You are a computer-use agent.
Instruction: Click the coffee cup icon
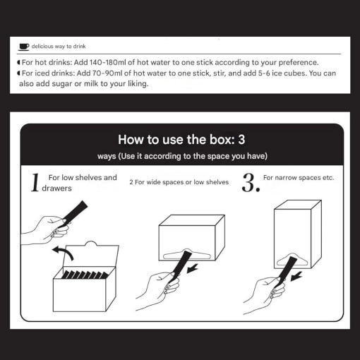pyautogui.click(x=24, y=47)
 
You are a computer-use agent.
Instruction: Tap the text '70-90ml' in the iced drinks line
pyautogui.click(x=107, y=73)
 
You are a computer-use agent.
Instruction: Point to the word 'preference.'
pyautogui.click(x=299, y=63)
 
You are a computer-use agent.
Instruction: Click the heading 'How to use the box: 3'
pyautogui.click(x=181, y=139)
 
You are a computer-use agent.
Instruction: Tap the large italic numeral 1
pyautogui.click(x=35, y=183)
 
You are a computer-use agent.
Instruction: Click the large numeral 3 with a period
pyautogui.click(x=251, y=183)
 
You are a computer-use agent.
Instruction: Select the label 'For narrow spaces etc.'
pyautogui.click(x=299, y=178)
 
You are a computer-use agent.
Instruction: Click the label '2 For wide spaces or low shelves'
pyautogui.click(x=179, y=182)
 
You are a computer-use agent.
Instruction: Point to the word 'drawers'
pyautogui.click(x=56, y=188)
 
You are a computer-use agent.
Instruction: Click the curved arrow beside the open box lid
pyautogui.click(x=63, y=253)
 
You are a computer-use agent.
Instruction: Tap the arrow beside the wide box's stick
pyautogui.click(x=192, y=268)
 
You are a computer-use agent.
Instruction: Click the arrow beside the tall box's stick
pyautogui.click(x=296, y=276)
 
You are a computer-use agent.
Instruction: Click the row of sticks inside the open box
pyautogui.click(x=85, y=275)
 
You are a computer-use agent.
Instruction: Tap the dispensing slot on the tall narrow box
pyautogui.click(x=293, y=260)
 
